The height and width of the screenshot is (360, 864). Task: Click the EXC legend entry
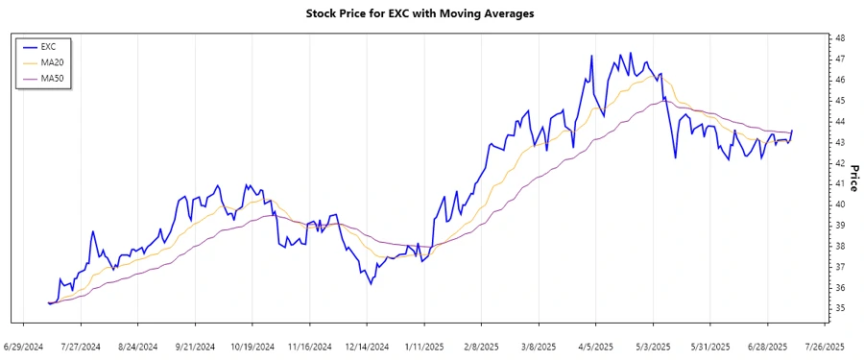point(48,46)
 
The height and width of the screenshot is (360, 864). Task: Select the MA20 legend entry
point(52,61)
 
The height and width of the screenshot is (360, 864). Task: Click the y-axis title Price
point(852,177)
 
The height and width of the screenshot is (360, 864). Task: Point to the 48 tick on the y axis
point(839,38)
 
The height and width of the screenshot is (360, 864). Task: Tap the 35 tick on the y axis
point(839,308)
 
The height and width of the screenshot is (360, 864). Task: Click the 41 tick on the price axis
point(839,183)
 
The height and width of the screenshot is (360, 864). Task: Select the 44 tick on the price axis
point(839,121)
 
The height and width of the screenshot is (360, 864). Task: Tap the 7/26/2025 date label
point(824,346)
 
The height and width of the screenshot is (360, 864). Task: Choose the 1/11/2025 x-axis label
point(423,346)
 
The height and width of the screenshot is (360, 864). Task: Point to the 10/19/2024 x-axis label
point(252,346)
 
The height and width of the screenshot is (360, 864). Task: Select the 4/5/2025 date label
point(595,346)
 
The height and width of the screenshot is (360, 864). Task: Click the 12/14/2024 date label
point(367,346)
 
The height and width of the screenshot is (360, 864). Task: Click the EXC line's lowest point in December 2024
point(371,284)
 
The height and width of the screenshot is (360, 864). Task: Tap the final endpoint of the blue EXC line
point(792,131)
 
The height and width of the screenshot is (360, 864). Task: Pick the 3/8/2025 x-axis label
point(538,346)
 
